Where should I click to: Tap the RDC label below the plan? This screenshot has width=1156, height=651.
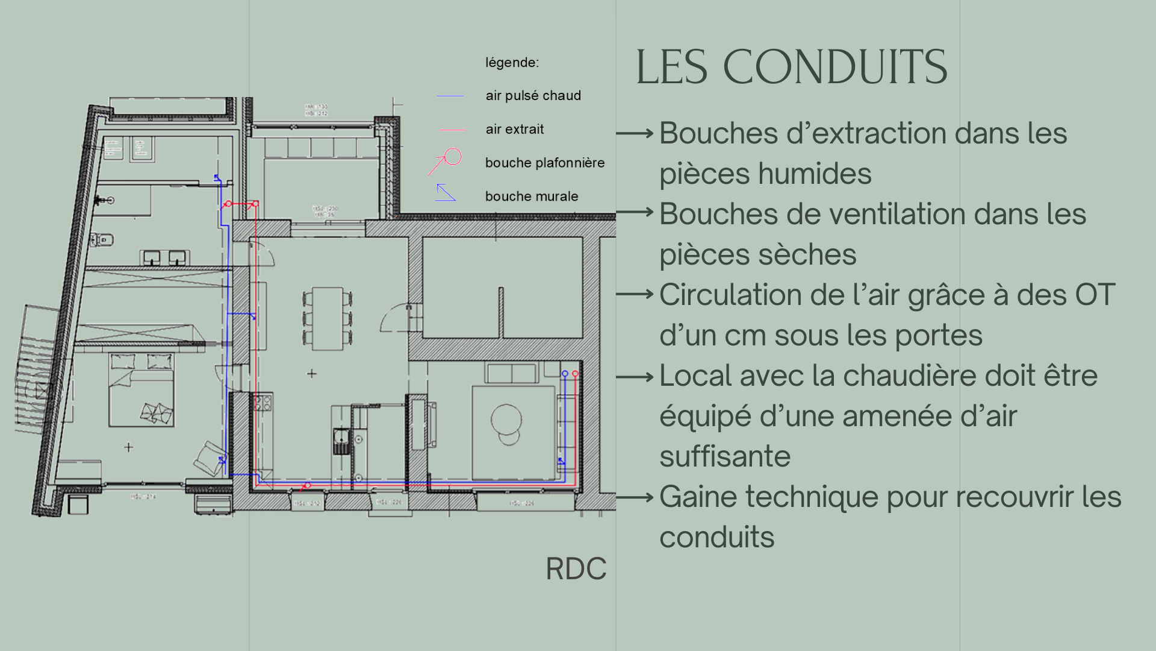[576, 568]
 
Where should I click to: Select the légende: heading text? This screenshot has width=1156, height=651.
[512, 63]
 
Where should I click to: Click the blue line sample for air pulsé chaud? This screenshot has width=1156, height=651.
[450, 96]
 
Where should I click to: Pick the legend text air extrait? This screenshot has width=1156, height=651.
[514, 129]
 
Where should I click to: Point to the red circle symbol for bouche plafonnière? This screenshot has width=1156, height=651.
[453, 157]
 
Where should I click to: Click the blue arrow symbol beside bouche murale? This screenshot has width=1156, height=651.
[445, 192]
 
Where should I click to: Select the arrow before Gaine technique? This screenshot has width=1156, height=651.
[635, 498]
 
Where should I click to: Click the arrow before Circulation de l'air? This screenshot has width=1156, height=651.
[635, 295]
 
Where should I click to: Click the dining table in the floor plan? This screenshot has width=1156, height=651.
[327, 318]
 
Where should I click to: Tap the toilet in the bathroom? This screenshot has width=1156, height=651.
[103, 240]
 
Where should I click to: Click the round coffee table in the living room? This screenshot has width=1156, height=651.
[506, 420]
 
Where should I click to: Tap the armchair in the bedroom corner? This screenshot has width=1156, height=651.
[210, 458]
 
